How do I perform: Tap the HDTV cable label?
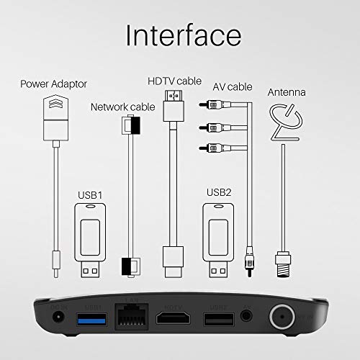[173, 81]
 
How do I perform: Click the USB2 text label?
[217, 194]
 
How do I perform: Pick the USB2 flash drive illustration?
[217, 238]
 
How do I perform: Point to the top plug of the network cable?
[129, 126]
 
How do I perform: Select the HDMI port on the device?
[173, 320]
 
